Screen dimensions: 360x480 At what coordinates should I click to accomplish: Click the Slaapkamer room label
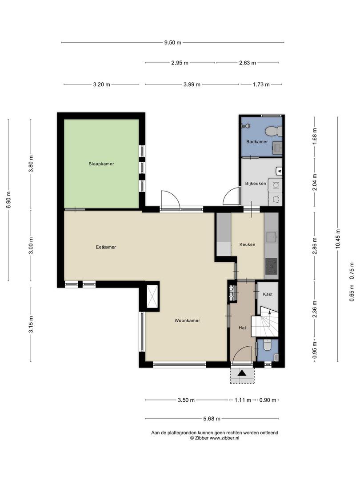tap(101, 164)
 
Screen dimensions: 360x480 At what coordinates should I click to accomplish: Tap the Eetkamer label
tap(106, 247)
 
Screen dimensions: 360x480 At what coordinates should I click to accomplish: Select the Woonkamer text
tap(188, 320)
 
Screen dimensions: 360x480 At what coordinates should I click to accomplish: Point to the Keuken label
tap(248, 244)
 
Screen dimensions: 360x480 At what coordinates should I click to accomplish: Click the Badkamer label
tap(257, 142)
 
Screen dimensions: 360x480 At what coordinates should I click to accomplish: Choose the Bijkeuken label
tap(256, 184)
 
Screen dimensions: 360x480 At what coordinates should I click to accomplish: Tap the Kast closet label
tap(268, 294)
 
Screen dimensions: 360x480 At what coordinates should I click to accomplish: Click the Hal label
tap(242, 328)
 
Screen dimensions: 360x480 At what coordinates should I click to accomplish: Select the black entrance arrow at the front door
tap(242, 373)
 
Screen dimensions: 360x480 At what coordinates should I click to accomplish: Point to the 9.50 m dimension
tap(172, 43)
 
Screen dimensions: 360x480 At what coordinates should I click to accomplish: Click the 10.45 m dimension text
tap(338, 239)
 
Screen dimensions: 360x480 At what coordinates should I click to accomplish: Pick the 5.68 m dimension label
tap(212, 419)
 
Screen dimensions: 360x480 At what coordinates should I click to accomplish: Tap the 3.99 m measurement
tap(192, 84)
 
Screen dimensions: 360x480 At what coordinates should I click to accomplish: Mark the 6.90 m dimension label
tap(8, 200)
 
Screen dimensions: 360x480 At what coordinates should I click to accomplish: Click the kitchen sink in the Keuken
tap(271, 237)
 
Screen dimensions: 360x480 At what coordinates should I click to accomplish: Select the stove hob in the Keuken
tap(271, 266)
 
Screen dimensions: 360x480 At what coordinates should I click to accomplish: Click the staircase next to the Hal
tap(265, 321)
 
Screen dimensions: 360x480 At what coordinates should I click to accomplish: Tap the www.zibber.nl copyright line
tap(215, 438)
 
